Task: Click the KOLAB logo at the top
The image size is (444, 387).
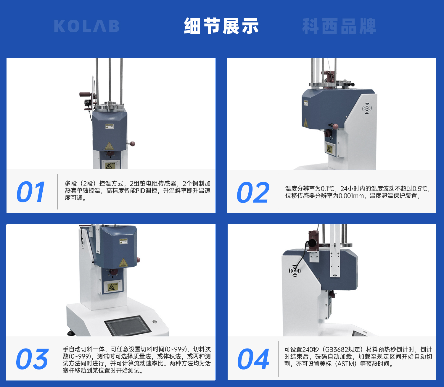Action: coord(87,26)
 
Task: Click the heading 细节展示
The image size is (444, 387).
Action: coord(221,26)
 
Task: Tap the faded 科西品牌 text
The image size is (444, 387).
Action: coord(339,26)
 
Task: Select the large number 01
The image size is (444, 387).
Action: coord(31,192)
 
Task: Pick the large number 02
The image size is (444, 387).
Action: coord(253,192)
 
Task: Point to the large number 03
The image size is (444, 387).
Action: coord(32,359)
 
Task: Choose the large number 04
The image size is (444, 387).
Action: coord(253,359)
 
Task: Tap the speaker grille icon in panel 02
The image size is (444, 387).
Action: coord(367,108)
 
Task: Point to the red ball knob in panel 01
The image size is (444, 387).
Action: coord(132,143)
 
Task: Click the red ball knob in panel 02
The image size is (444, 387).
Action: coord(335,126)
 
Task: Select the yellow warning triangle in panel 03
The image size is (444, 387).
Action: coord(123,263)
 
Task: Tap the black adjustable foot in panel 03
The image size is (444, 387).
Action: coord(71,333)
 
